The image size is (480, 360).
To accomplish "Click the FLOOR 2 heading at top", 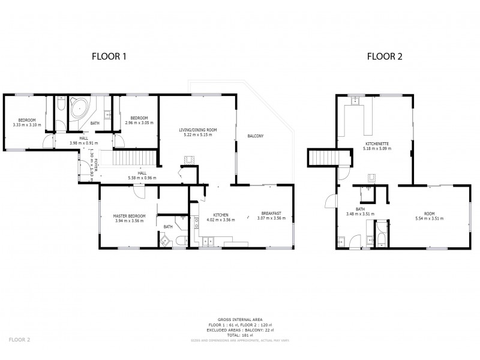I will pos(385,57).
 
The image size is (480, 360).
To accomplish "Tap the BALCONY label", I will pos(256,136).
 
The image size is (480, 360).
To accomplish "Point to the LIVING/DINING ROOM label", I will pos(197,130).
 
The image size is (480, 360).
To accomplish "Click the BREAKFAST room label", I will pos(271,214).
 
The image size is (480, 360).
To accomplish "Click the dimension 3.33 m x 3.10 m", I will pos(27,125).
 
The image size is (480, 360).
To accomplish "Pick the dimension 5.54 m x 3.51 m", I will pos(428,219).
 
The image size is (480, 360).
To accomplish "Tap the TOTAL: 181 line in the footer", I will pos(240,334).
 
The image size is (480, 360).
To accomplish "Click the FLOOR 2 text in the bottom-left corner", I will pos(20,340).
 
